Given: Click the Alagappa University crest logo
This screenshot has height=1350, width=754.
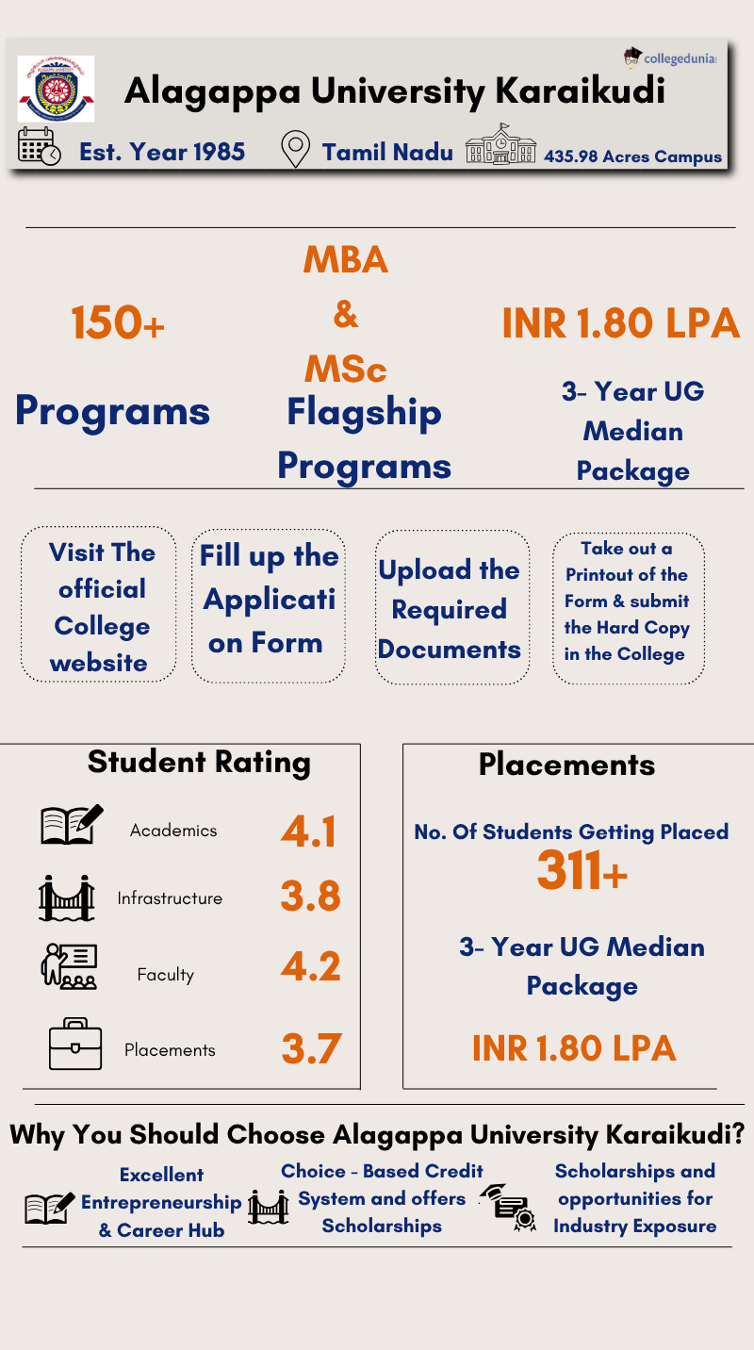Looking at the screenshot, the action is tap(56, 89).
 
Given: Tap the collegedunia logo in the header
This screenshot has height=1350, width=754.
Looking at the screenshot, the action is tap(670, 58).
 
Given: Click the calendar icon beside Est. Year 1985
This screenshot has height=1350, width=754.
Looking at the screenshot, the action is tap(40, 147).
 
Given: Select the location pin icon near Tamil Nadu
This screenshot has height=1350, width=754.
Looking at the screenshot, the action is tap(296, 149).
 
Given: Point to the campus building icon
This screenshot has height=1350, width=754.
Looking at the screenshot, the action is tap(500, 145).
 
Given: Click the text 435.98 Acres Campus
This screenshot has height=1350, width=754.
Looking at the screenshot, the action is tap(632, 156).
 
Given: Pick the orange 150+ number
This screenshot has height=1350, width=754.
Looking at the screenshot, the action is tap(118, 323).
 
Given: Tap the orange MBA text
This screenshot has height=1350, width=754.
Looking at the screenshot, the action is tap(346, 259).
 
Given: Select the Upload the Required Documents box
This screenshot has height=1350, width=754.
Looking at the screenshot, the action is tap(451, 609).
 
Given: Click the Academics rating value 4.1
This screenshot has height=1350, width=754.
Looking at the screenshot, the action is tap(309, 831).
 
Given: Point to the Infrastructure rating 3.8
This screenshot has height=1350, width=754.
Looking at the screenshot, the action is tap(310, 897).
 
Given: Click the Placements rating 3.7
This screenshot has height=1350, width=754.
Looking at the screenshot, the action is tap(310, 1049).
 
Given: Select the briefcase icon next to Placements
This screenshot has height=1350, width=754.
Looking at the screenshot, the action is tap(75, 1044).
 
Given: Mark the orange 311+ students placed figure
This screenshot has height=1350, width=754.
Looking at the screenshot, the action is tap(582, 871).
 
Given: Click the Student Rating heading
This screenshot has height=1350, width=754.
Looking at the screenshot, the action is tap(199, 762).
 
